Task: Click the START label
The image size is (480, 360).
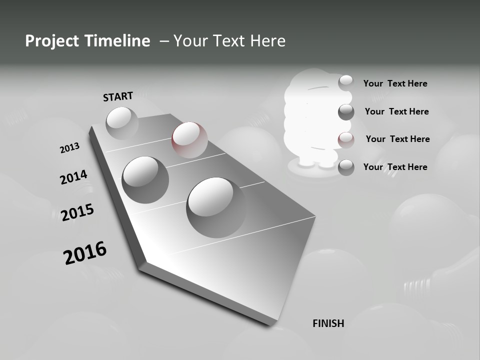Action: [x=118, y=96]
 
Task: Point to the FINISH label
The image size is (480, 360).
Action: [x=328, y=323]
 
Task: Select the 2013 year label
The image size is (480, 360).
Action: [x=69, y=148]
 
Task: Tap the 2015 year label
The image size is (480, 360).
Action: [x=77, y=212]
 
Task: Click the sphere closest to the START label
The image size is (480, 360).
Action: [x=122, y=123]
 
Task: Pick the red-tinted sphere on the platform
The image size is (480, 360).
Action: [x=189, y=139]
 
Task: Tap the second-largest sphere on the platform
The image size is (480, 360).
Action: [x=145, y=179]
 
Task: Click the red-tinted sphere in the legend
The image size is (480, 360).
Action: [x=346, y=140]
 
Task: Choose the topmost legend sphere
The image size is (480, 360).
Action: [x=346, y=82]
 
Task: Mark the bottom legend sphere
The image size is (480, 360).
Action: [x=346, y=167]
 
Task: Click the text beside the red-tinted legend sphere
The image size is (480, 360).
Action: [x=397, y=139]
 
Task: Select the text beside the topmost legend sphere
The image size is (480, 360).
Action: [x=395, y=83]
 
